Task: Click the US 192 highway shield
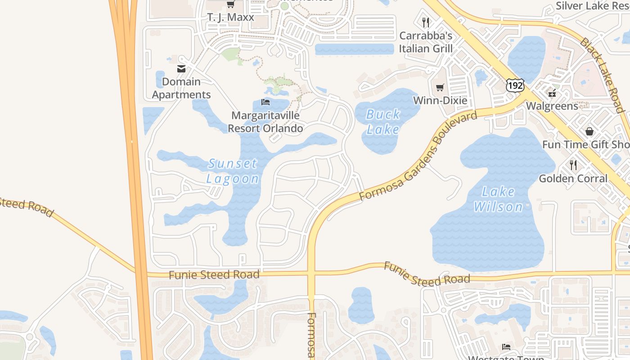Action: click(x=515, y=85)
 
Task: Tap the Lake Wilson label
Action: click(x=498, y=199)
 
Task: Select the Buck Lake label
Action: click(x=383, y=122)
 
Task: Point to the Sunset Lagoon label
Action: click(x=233, y=171)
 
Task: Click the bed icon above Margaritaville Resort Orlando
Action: click(x=265, y=102)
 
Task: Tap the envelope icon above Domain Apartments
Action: click(x=181, y=69)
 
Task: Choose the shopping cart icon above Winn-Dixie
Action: click(x=440, y=87)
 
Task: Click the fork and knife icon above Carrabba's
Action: click(x=425, y=22)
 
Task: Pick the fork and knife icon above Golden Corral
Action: click(x=573, y=165)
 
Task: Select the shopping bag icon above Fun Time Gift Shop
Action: click(x=589, y=131)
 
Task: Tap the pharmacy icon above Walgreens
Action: click(x=552, y=94)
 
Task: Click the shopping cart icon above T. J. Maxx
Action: click(x=230, y=4)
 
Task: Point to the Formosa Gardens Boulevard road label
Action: click(x=418, y=156)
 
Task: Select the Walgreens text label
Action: click(x=552, y=106)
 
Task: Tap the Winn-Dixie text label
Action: click(x=440, y=100)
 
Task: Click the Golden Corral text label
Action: click(x=573, y=179)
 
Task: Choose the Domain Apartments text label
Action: click(x=181, y=88)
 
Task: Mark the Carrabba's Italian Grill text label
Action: click(x=426, y=42)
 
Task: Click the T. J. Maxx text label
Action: click(x=230, y=18)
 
